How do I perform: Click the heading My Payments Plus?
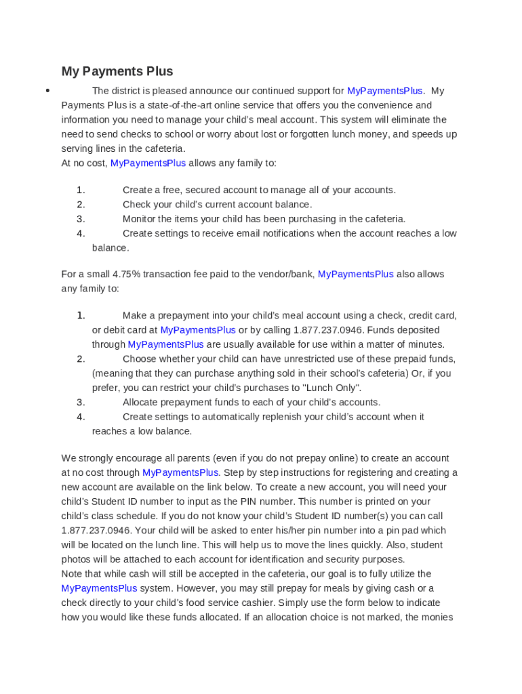point(117,71)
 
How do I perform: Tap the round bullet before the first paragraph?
point(47,91)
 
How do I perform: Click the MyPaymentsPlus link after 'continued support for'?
point(385,91)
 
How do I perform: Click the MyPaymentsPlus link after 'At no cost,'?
point(148,163)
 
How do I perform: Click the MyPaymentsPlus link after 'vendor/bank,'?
point(355,274)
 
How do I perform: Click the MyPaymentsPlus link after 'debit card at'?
point(198,330)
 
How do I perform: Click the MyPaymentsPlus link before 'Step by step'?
point(180,472)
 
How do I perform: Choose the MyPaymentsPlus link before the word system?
point(99,588)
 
